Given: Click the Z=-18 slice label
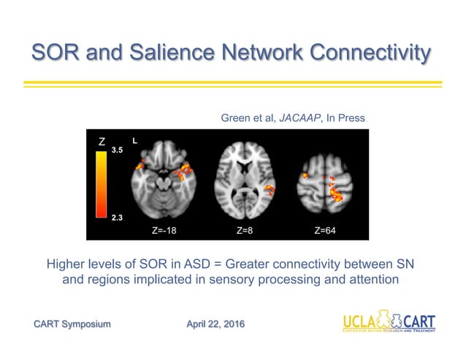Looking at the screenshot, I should click(165, 230).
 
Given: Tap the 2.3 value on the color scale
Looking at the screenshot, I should click(117, 218).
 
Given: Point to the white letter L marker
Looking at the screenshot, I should click(134, 139).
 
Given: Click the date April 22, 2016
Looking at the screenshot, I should click(215, 323).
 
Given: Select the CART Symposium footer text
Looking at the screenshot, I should click(72, 323).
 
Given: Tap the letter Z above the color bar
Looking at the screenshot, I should click(102, 141).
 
